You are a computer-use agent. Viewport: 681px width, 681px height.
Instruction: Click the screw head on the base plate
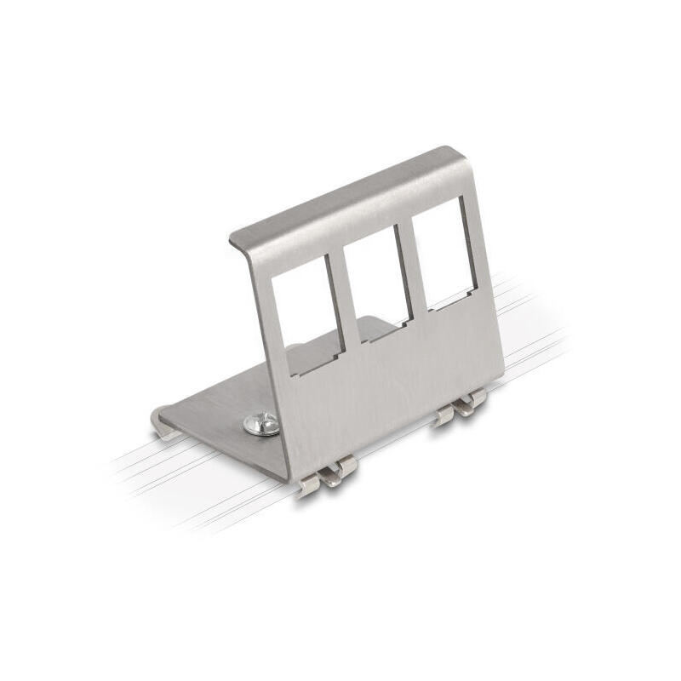[x=261, y=423]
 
